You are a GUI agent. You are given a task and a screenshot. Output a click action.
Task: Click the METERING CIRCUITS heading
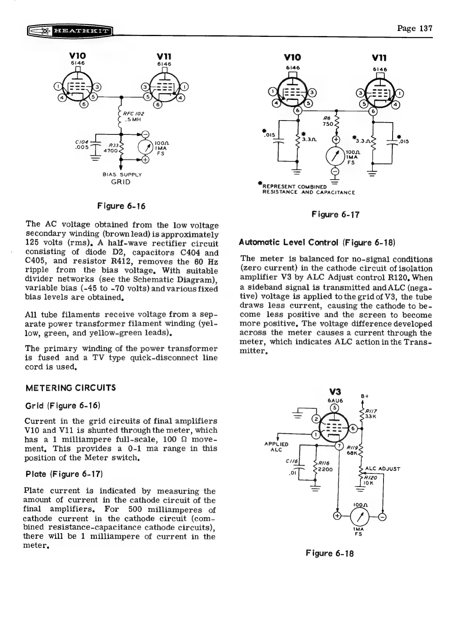point(70,387)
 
